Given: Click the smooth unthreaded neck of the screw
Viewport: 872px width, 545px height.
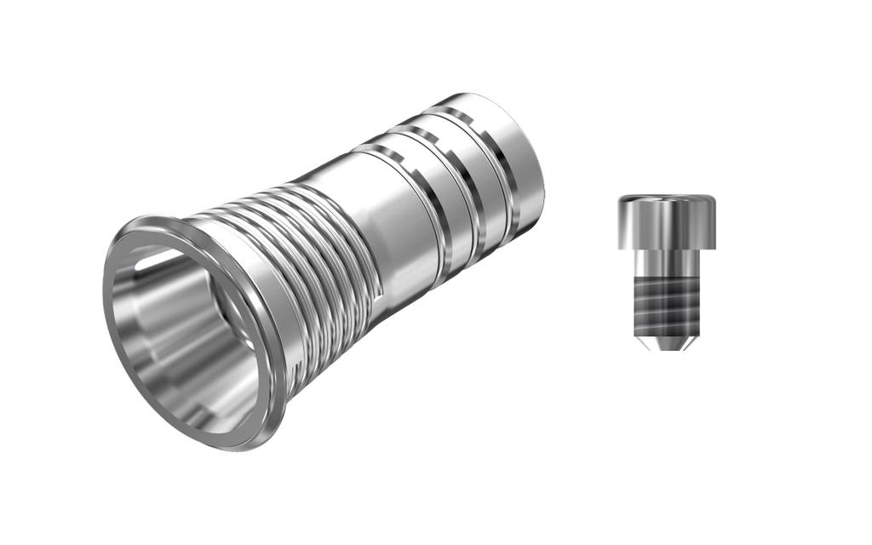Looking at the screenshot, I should point(666,265).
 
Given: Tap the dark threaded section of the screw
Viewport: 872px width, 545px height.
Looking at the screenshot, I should point(666,302).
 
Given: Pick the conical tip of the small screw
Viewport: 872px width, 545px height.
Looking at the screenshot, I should point(666,342).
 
